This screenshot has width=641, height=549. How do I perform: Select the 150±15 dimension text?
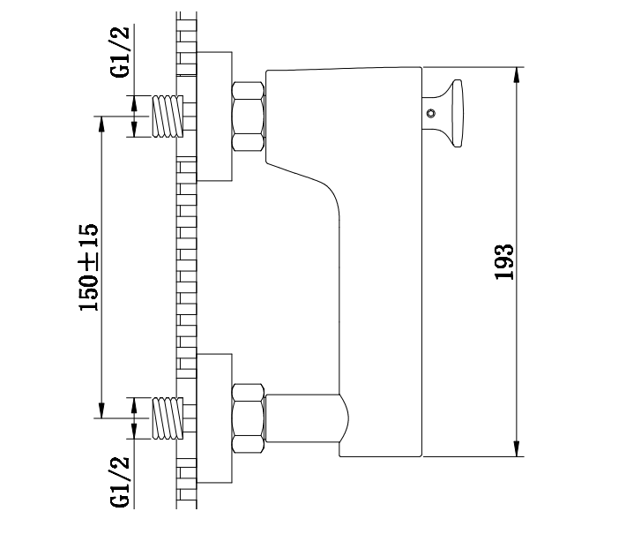tap(89, 267)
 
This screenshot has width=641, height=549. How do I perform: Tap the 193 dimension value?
tap(504, 262)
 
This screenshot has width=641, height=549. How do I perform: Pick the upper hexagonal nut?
tap(248, 117)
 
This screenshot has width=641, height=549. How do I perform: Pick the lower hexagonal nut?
tap(248, 418)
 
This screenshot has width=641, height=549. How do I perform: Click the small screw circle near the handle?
tap(430, 113)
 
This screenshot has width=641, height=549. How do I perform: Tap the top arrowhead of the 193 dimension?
tap(518, 74)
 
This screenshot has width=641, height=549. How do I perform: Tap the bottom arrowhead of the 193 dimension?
tap(518, 449)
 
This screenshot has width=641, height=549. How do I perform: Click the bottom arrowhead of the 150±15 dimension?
tap(101, 410)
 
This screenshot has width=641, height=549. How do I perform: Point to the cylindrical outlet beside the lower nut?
tap(304, 418)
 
